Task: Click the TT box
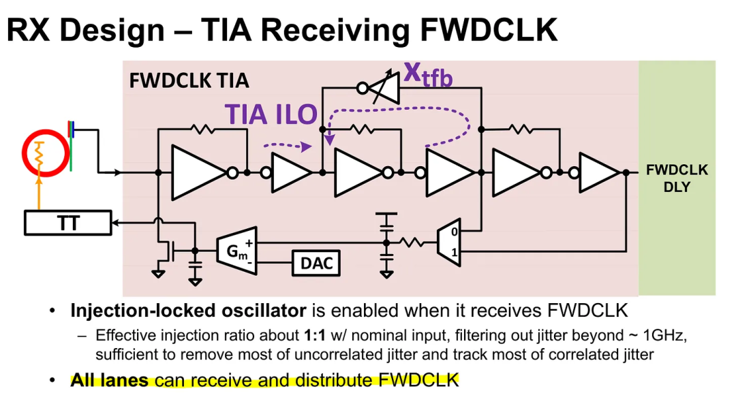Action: pyautogui.click(x=67, y=223)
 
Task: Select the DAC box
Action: pyautogui.click(x=316, y=263)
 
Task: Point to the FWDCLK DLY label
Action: pyautogui.click(x=676, y=178)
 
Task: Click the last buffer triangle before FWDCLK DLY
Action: pyautogui.click(x=598, y=173)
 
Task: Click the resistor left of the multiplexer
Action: pyautogui.click(x=413, y=242)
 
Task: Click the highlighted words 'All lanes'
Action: pyautogui.click(x=109, y=379)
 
